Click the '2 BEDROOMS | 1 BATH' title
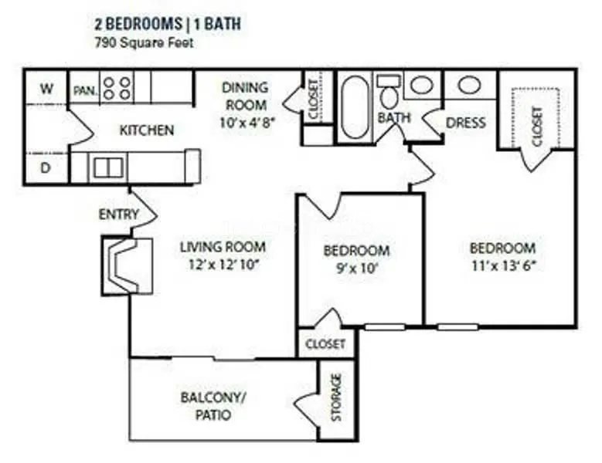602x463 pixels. click(x=168, y=24)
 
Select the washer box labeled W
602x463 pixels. click(x=46, y=89)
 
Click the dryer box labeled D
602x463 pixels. click(x=46, y=168)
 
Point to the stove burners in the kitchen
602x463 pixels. click(x=117, y=87)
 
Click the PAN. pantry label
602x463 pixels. click(x=84, y=91)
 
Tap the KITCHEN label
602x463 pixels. click(x=146, y=130)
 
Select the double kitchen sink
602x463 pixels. click(x=108, y=166)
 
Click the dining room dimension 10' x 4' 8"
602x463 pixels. click(x=245, y=120)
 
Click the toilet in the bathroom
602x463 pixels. click(x=388, y=93)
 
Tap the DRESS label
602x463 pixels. click(x=466, y=122)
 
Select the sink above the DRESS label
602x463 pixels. click(x=468, y=85)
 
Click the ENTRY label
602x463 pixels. click(x=118, y=214)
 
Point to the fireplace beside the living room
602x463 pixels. click(x=121, y=265)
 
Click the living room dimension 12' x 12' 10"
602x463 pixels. click(x=223, y=265)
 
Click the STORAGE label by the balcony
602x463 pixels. click(x=336, y=398)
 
